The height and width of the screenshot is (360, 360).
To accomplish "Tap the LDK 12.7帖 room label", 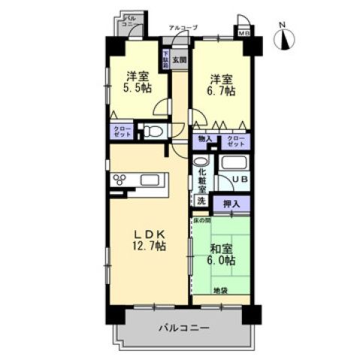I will pyautogui.click(x=150, y=239).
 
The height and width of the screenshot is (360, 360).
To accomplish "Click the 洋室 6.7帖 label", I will pyautogui.click(x=222, y=84).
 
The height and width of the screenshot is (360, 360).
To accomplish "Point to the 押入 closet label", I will pyautogui.click(x=231, y=203).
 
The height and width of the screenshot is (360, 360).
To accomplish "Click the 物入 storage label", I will pyautogui.click(x=204, y=139).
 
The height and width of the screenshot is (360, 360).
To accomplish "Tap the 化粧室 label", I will pyautogui.click(x=201, y=180).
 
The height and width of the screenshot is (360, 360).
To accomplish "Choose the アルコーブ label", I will pyautogui.click(x=183, y=27).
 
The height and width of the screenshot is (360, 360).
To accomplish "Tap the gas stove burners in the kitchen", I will pyautogui.click(x=122, y=179).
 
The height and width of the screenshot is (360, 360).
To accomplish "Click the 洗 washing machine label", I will pyautogui.click(x=201, y=201).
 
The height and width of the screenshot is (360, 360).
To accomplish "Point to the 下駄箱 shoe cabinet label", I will pyautogui.click(x=167, y=59).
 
